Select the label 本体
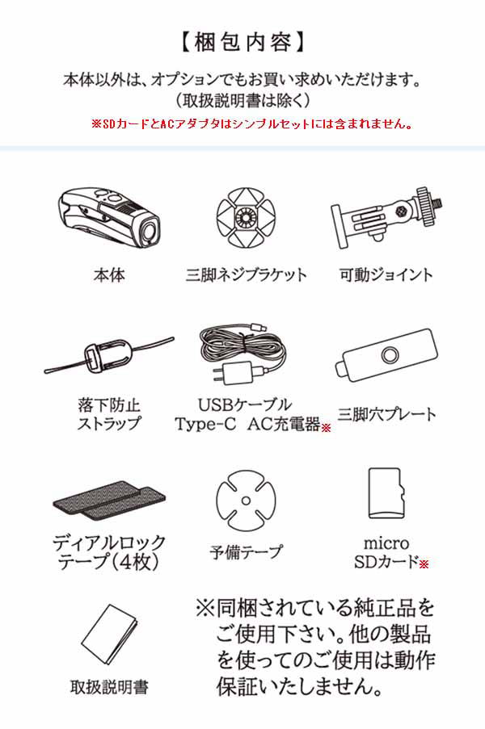[x=109, y=274]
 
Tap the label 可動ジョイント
[x=386, y=274]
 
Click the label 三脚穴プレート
[x=386, y=415]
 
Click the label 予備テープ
[x=246, y=553]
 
